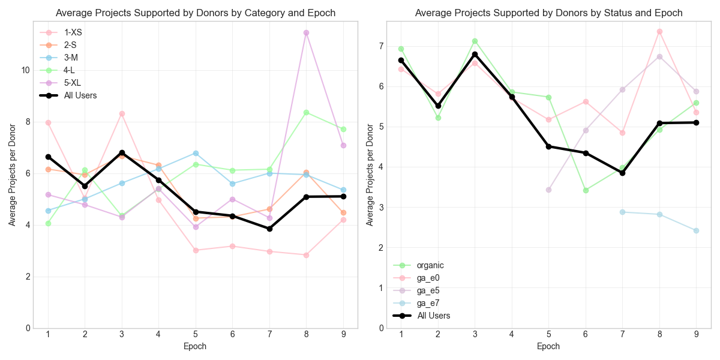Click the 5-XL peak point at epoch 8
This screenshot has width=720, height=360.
coord(306,32)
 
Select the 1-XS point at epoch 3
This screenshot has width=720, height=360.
coord(122,113)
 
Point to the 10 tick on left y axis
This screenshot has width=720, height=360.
coord(25,70)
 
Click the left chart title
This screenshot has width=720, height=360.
coord(196,13)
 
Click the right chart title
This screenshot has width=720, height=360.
coord(548,13)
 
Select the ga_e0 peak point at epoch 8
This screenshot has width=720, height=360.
coord(659,31)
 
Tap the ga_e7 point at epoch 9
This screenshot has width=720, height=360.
coord(696,230)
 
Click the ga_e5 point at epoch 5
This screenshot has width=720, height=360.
coord(548,190)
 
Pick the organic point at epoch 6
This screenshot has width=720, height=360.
coord(586,190)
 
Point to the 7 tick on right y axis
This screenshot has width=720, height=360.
coord(380,46)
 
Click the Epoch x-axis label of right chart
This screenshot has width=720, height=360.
coord(548,346)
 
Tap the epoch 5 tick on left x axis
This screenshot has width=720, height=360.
coord(196,335)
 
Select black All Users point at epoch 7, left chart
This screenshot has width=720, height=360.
coord(269,229)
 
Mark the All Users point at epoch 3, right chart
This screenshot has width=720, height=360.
coord(475,54)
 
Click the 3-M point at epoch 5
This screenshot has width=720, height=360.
coord(196,153)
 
